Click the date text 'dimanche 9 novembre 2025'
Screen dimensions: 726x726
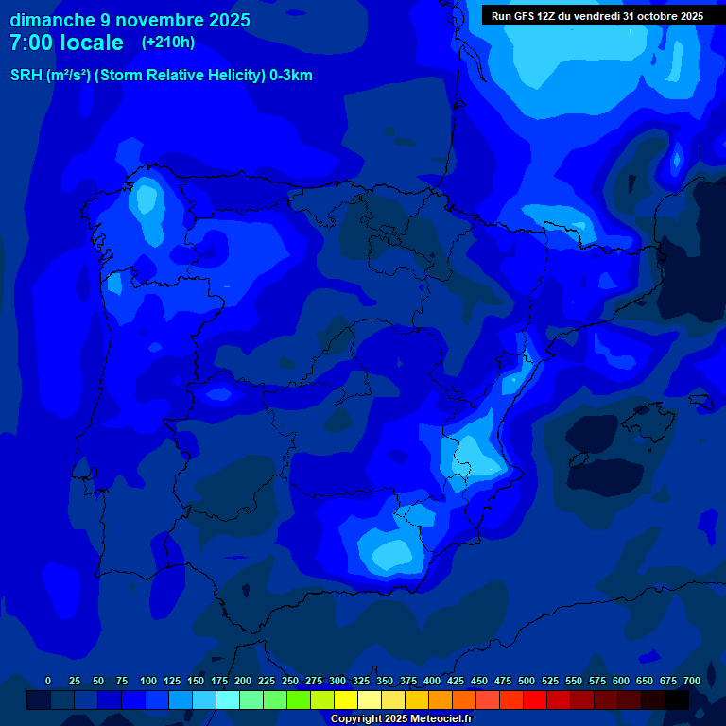(130, 20)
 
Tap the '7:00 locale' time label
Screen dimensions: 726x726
(66, 43)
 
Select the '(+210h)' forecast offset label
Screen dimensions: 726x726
(168, 43)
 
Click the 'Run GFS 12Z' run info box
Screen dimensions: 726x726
(596, 15)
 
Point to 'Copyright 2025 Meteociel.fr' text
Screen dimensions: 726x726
(402, 718)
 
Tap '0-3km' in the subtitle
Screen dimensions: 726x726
(290, 76)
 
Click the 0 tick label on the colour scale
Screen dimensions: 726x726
(48, 681)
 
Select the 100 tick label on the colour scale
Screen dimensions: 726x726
(148, 681)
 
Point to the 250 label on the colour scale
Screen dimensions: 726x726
(290, 681)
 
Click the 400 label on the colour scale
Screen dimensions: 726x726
(432, 681)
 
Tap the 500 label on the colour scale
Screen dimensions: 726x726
(527, 681)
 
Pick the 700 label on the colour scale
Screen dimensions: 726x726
(692, 681)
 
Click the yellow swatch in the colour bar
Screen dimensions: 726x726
(346, 700)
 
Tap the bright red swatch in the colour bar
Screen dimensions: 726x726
(535, 700)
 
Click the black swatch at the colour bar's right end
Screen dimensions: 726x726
(677, 700)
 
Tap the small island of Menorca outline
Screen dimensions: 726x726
(700, 401)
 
